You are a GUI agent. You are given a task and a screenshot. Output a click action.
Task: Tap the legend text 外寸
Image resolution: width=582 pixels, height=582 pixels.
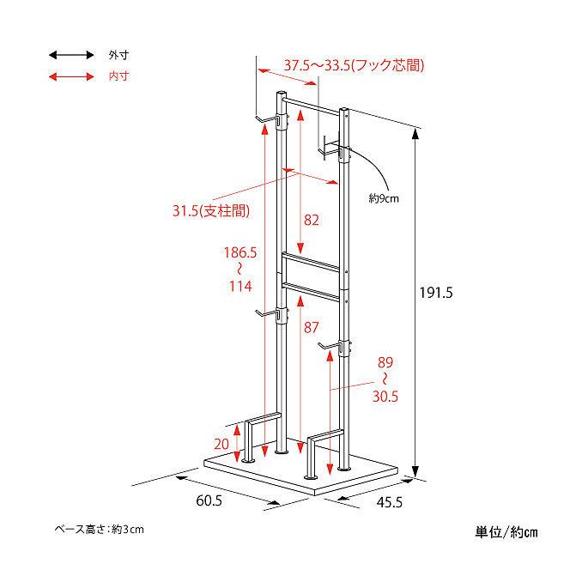pyautogui.click(x=118, y=55)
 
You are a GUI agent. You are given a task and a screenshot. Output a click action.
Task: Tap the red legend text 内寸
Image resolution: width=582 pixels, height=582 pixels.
pyautogui.click(x=118, y=76)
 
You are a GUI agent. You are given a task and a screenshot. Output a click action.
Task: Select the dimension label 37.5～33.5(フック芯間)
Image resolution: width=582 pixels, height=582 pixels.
pyautogui.click(x=355, y=65)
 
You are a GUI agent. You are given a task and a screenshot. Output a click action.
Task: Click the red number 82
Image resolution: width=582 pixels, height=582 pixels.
pyautogui.click(x=311, y=220)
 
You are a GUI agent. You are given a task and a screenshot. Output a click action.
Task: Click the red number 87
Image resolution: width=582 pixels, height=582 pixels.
pyautogui.click(x=311, y=327)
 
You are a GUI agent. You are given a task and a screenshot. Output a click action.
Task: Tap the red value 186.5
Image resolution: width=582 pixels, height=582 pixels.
pyautogui.click(x=240, y=253)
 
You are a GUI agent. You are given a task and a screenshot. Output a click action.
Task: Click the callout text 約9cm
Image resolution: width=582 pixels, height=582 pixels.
pyautogui.click(x=384, y=198)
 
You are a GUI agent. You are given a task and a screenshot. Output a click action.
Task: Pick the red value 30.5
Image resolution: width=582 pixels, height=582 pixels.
pyautogui.click(x=385, y=397)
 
